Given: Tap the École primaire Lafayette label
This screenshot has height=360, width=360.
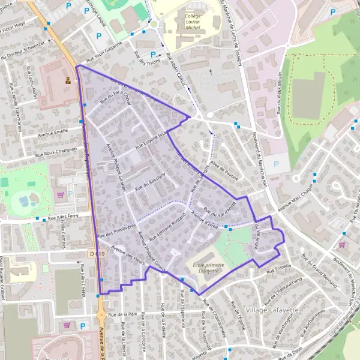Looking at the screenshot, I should coord(208,268).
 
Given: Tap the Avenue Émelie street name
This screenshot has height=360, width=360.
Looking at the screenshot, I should coord(53,132).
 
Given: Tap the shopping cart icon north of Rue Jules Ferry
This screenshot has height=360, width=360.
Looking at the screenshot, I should coord(59,194).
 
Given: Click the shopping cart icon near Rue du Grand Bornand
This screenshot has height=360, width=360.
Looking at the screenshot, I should coord(342,244).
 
